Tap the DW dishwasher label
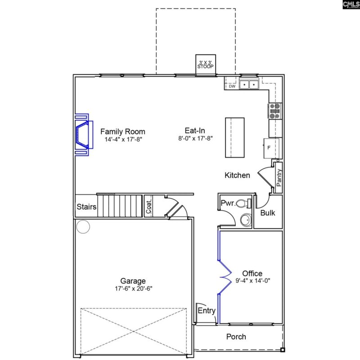tap(232, 86)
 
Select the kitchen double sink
tap(248, 84)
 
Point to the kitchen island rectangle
tap(234, 137)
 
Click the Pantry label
tap(279, 178)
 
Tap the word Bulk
tap(268, 213)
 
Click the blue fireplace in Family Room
tap(81, 134)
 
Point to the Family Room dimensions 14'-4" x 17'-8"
tap(122, 139)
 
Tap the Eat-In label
tap(195, 131)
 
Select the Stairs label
tap(86, 207)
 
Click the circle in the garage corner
tap(83, 227)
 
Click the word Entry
tap(207, 310)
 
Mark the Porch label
tap(236, 337)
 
